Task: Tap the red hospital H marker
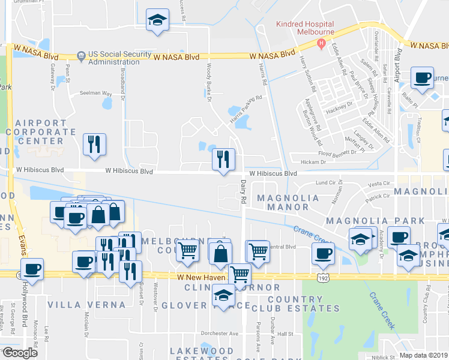[322, 43]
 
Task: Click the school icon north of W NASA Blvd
[157, 19]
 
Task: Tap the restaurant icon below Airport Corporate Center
[94, 144]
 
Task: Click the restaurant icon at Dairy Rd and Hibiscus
[223, 159]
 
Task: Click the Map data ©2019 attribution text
[423, 355]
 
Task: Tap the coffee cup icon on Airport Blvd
[421, 77]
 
